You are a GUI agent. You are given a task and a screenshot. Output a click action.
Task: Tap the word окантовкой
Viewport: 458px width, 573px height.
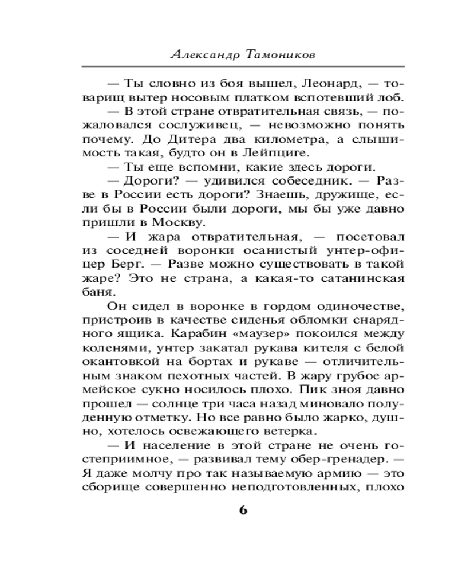(x=116, y=362)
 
